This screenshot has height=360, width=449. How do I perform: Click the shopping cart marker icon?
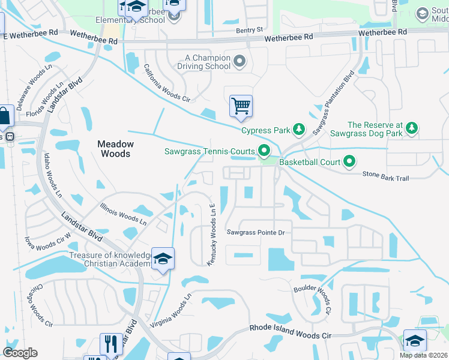coord(241,106)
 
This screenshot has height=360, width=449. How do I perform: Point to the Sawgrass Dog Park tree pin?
coord(411,128)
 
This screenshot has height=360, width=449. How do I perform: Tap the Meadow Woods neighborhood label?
coord(116,149)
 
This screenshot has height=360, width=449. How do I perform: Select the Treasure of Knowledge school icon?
coord(163,259)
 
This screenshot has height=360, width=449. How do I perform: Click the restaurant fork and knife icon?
coord(111,344)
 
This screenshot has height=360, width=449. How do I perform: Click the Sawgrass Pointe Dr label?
coord(255,232)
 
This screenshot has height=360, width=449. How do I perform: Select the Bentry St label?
coord(250,29)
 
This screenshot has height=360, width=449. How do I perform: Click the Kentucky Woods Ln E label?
coord(211,234)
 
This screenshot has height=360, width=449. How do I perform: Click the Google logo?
coord(20,353)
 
